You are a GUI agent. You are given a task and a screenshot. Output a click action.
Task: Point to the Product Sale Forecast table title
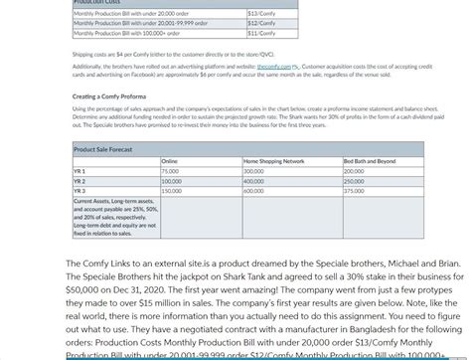pyautogui.click(x=103, y=148)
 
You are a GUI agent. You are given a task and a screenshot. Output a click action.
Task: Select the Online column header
pyautogui.click(x=169, y=160)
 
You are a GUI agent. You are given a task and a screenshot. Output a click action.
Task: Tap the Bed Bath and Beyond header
pyautogui.click(x=370, y=160)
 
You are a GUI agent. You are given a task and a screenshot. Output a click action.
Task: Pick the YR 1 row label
pyautogui.click(x=80, y=171)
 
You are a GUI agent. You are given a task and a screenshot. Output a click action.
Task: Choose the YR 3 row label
pyautogui.click(x=80, y=190)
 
